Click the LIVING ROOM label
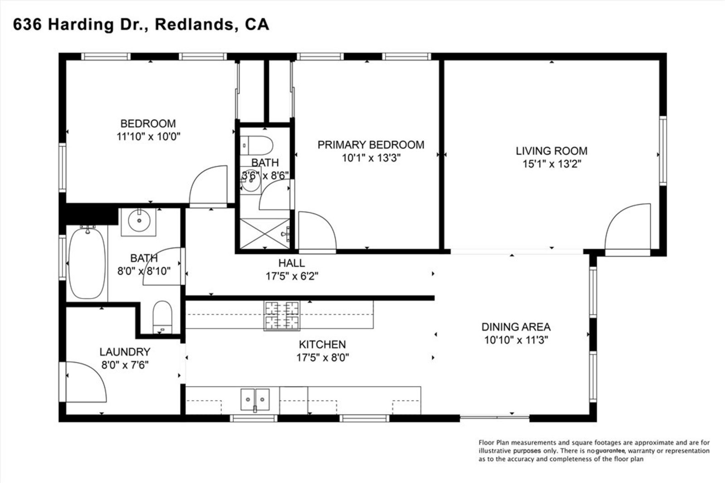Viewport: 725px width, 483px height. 551,151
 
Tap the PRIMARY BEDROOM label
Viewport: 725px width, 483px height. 371,145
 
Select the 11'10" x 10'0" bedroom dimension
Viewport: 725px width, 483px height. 149,136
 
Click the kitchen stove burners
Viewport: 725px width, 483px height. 282,315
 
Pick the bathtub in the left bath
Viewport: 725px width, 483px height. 87,263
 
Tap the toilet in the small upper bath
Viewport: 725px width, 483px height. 257,146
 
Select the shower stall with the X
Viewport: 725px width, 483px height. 265,233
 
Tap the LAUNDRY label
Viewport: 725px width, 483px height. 125,352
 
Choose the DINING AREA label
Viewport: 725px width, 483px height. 516,327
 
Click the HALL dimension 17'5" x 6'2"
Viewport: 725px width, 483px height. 292,276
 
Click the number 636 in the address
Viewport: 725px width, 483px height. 28,24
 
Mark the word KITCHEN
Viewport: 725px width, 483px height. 322,344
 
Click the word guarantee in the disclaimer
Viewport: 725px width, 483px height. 610,451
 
